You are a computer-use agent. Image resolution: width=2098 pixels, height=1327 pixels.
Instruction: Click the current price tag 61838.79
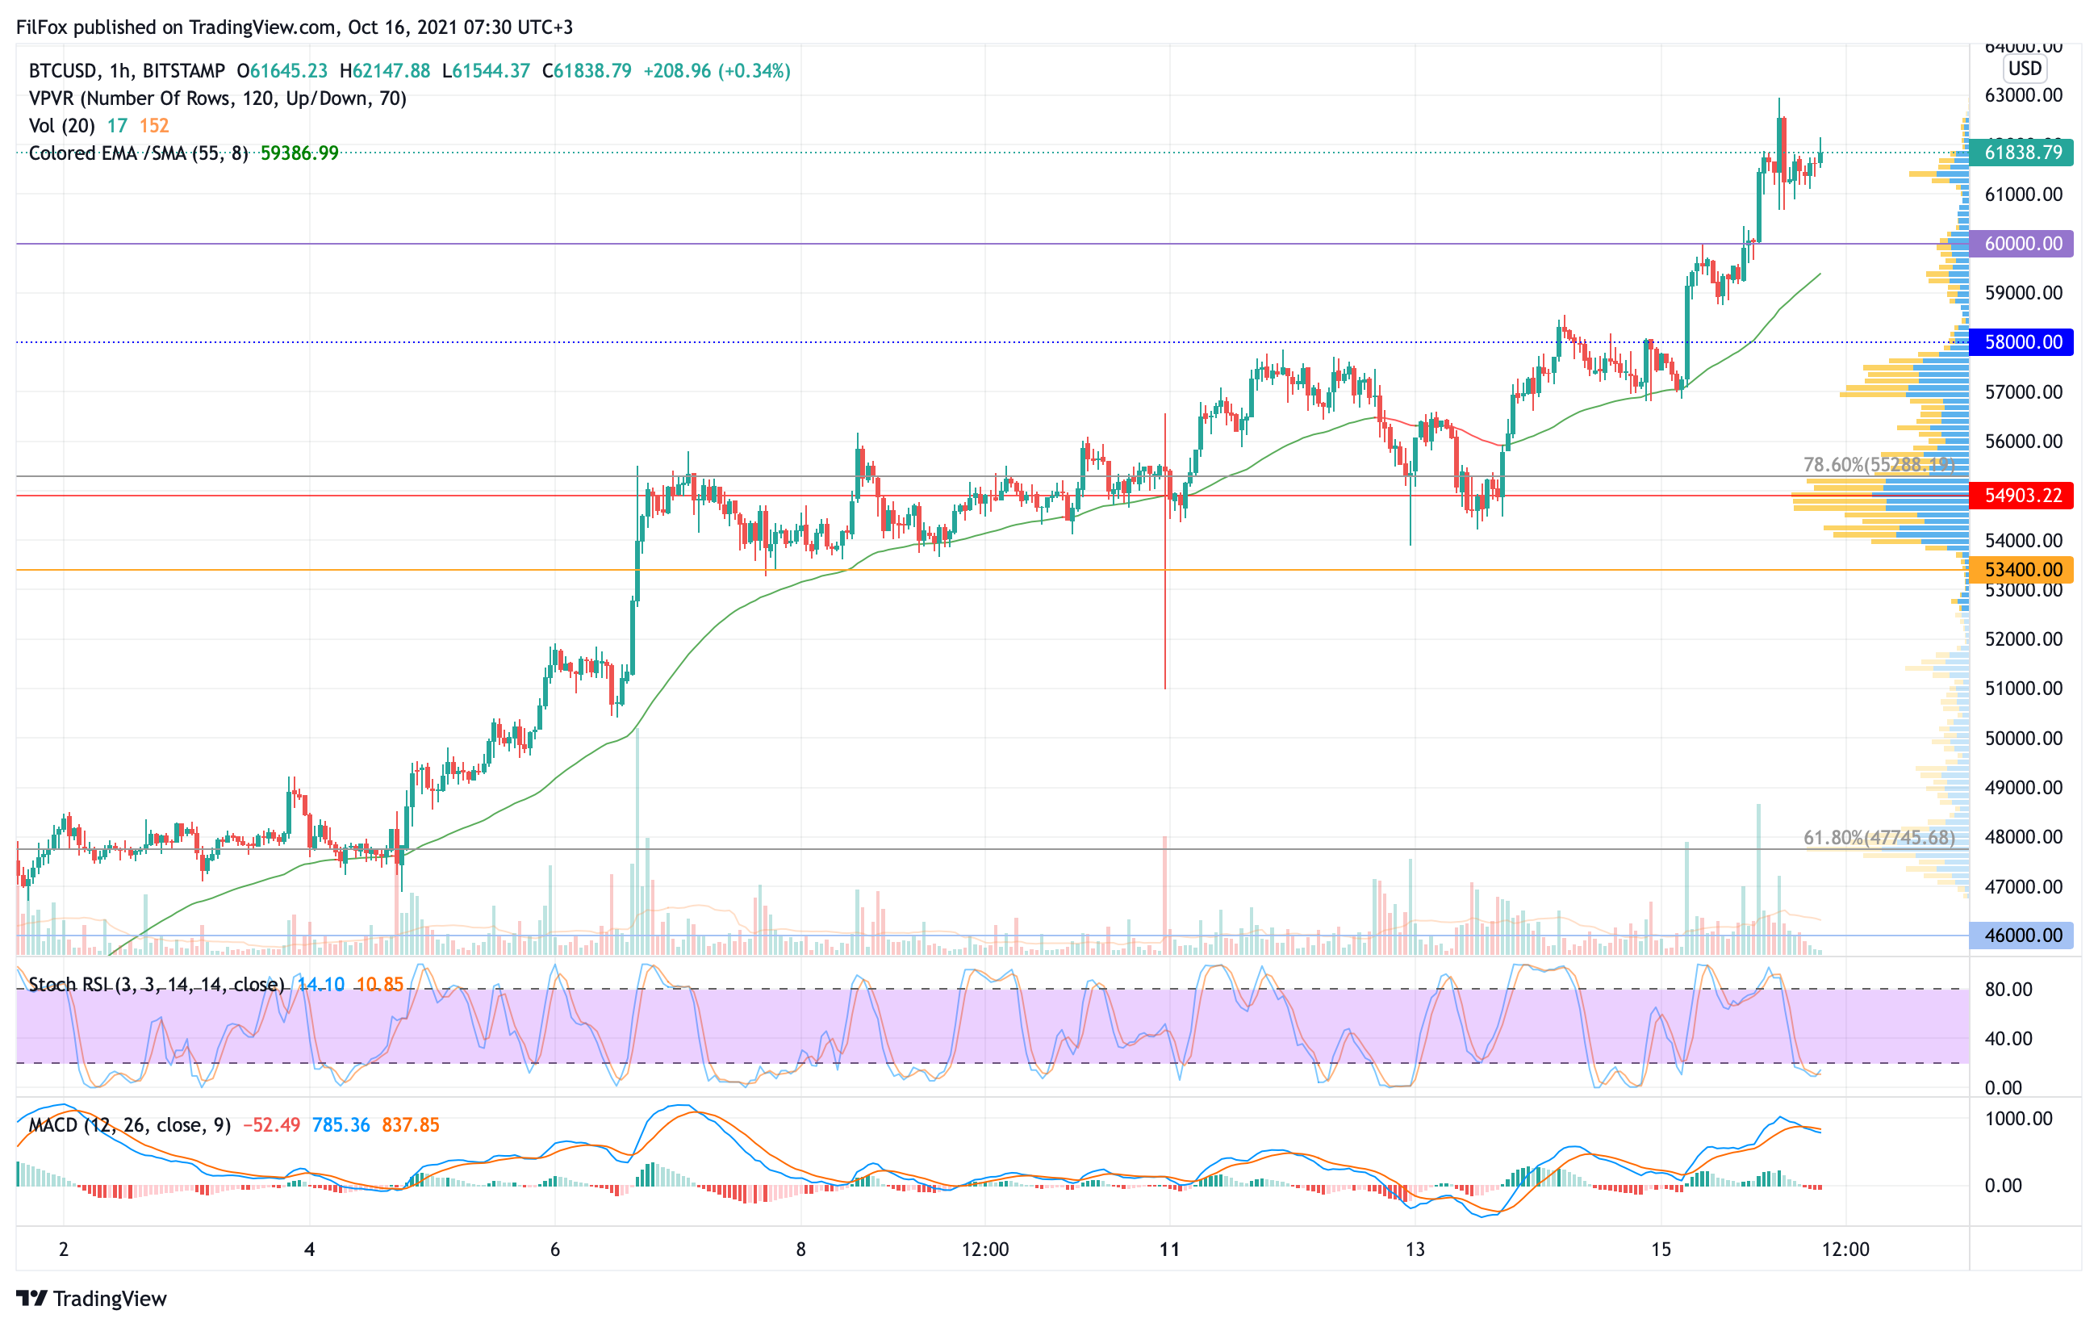pos(2021,153)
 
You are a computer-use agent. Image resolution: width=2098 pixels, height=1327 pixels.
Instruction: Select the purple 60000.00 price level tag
pos(2021,243)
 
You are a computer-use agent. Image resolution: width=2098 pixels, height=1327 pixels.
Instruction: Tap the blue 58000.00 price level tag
pos(2021,341)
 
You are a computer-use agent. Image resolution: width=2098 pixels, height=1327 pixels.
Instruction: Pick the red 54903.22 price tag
pos(2021,495)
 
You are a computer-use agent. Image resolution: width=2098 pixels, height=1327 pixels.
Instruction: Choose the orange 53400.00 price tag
pos(2021,570)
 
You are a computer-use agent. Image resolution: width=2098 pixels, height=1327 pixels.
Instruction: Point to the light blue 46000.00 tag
pos(2021,935)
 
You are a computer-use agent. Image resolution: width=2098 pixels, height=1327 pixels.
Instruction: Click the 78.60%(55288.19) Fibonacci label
pos(1879,464)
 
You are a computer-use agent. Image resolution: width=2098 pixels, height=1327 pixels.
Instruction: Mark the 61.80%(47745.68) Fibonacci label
pos(1879,837)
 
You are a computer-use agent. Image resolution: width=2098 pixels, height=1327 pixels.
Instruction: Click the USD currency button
pos(2025,68)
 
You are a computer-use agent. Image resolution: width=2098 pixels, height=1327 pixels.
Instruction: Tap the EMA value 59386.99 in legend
pos(299,153)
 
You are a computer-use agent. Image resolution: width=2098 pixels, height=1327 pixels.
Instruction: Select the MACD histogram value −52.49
pos(271,1125)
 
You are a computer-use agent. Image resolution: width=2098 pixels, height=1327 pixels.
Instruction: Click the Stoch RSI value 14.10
pos(320,985)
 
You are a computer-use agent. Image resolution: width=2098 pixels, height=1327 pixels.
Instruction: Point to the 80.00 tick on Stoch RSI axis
pos(2008,989)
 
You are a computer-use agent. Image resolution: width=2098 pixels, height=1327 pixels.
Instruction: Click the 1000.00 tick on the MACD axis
pos(2018,1119)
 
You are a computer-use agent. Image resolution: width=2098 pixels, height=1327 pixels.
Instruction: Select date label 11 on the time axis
pos(1169,1250)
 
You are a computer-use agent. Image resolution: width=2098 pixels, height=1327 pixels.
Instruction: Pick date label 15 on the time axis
pos(1661,1250)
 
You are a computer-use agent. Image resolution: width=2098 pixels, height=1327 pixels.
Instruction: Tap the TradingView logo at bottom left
pos(91,1298)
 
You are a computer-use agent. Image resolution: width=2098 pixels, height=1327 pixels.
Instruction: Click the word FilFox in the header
pos(42,27)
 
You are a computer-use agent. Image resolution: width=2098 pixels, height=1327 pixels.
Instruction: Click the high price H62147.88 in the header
pos(385,70)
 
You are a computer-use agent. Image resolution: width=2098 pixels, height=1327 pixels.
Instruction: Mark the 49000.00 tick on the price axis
pos(2023,788)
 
